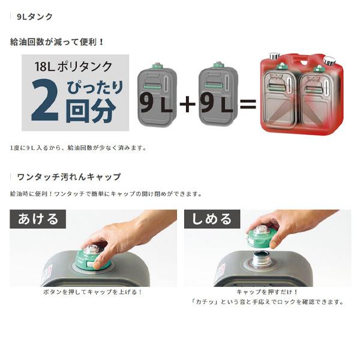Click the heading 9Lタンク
click(35, 17)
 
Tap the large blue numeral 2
click(45, 100)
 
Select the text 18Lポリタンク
click(73, 67)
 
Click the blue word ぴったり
click(95, 87)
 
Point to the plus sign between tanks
click(188, 104)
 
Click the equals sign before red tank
click(248, 104)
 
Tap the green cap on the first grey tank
click(157, 66)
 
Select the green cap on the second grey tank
click(218, 65)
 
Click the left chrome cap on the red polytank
click(274, 56)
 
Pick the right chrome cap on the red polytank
click(329, 60)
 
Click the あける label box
click(38, 219)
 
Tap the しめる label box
click(212, 219)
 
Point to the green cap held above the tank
click(260, 236)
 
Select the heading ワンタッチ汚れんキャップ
click(68, 177)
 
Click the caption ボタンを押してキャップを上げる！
click(92, 292)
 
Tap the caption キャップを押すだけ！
click(267, 292)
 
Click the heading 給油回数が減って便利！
click(57, 42)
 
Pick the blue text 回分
click(91, 111)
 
